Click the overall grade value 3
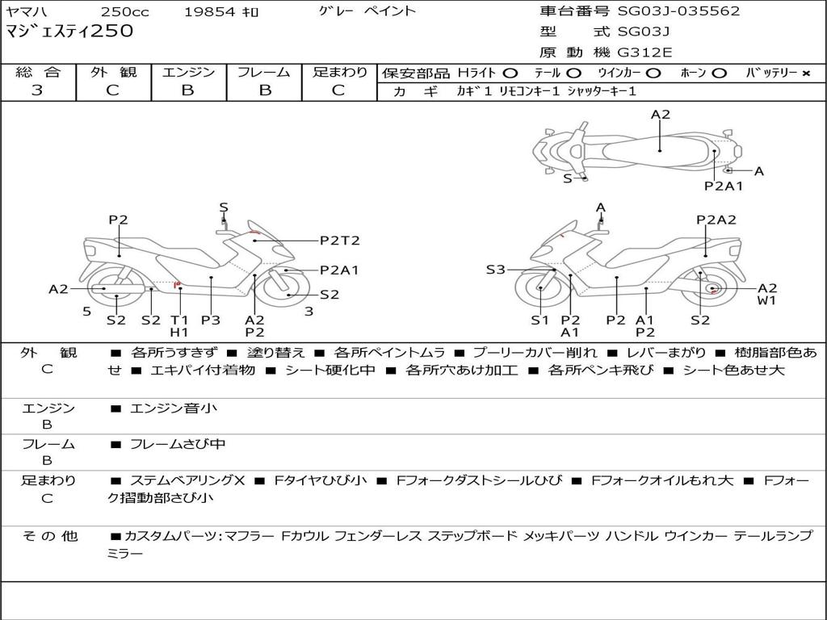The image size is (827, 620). coord(37,90)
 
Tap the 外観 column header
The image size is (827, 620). coord(113,73)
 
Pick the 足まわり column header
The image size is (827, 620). coord(340,73)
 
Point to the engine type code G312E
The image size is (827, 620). coord(644,53)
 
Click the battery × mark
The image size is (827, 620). coord(805,73)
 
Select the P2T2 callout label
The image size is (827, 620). coord(339,241)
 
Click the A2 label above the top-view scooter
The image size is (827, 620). coord(661,115)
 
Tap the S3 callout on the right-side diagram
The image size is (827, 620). coord(495,270)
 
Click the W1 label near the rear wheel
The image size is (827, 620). coord(766,301)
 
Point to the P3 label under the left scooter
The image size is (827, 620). coord(211,320)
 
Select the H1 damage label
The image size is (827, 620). coord(179,332)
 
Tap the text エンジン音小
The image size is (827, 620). coord(174,408)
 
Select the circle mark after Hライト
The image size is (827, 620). coord(510,73)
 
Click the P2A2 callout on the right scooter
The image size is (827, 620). coord(716,220)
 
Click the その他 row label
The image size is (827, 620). coord(48,536)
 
